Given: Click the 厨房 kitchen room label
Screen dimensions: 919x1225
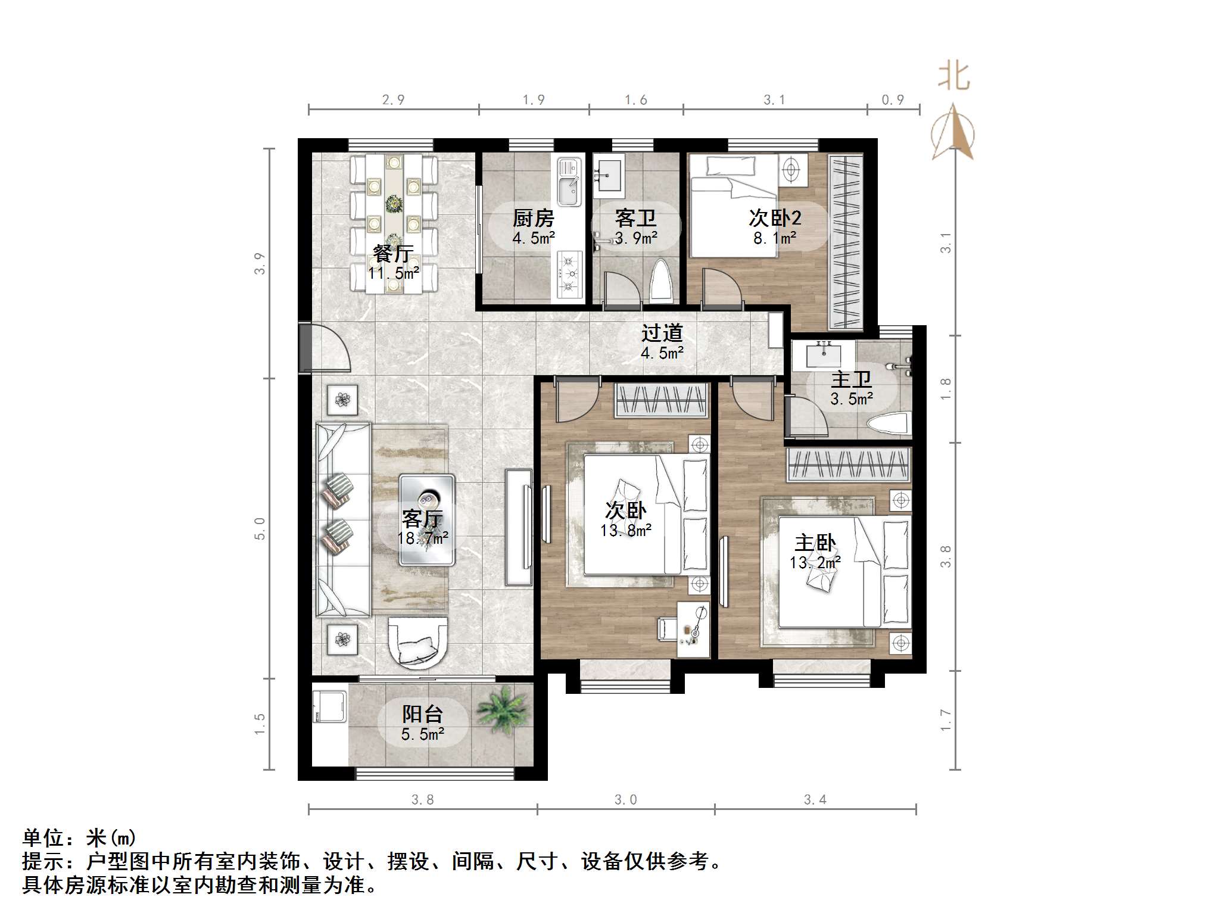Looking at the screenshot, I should click(533, 219).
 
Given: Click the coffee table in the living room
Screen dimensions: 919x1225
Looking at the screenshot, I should click(426, 520).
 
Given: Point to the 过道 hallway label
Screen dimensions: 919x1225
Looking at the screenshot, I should click(662, 333).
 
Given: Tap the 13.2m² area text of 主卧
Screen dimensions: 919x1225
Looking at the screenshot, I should click(815, 562).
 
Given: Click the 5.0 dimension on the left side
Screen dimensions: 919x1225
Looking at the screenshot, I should click(260, 528).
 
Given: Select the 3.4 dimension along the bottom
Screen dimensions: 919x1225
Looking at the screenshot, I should click(815, 800).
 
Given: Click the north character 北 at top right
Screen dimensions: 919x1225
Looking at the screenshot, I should click(953, 77).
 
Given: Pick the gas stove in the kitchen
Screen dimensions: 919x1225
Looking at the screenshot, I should click(570, 275).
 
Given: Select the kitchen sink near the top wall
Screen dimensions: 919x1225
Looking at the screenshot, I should click(569, 182).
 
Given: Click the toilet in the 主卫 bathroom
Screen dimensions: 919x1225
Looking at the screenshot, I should click(887, 425).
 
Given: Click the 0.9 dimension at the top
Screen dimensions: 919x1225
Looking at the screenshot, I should click(892, 100).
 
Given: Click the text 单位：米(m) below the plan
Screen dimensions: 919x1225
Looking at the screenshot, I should click(80, 838).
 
